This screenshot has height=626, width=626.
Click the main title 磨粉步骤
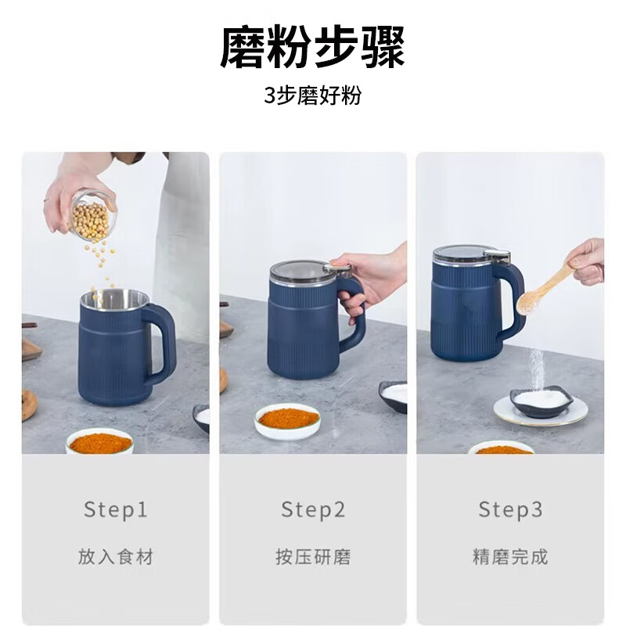(313, 47)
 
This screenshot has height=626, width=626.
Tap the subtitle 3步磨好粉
(313, 96)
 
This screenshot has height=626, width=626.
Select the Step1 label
(116, 510)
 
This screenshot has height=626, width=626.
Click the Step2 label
(313, 510)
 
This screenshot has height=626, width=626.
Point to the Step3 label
(510, 510)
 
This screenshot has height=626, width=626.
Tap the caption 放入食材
(116, 557)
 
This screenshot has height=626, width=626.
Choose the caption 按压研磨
(313, 557)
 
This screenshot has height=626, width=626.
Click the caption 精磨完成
(510, 557)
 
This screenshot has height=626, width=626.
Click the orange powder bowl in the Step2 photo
(288, 419)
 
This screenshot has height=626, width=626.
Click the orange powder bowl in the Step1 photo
(100, 442)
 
